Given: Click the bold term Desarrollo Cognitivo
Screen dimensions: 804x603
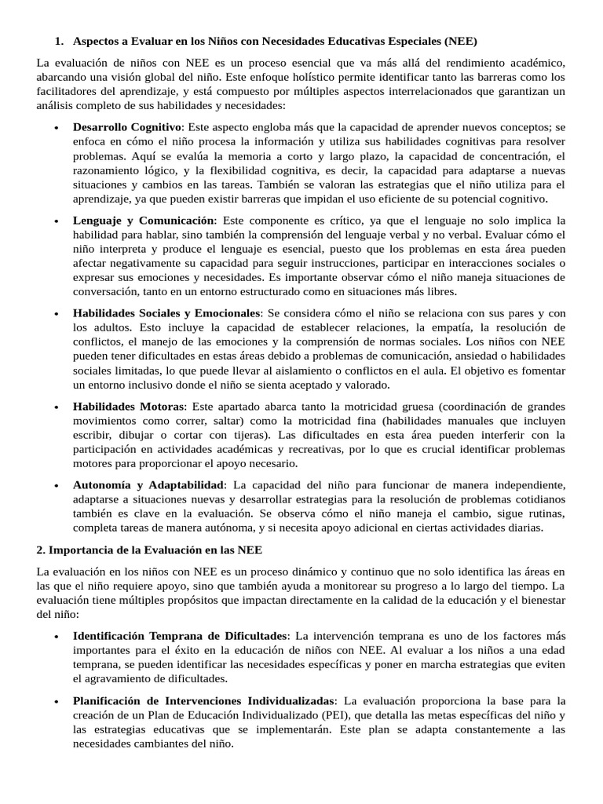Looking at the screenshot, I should pyautogui.click(x=126, y=127).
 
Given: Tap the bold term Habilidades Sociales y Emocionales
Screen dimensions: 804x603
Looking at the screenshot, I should pyautogui.click(x=166, y=314).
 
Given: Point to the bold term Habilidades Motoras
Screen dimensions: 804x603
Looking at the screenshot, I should pyautogui.click(x=129, y=407).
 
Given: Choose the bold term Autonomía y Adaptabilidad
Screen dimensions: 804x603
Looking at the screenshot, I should pyautogui.click(x=148, y=484).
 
